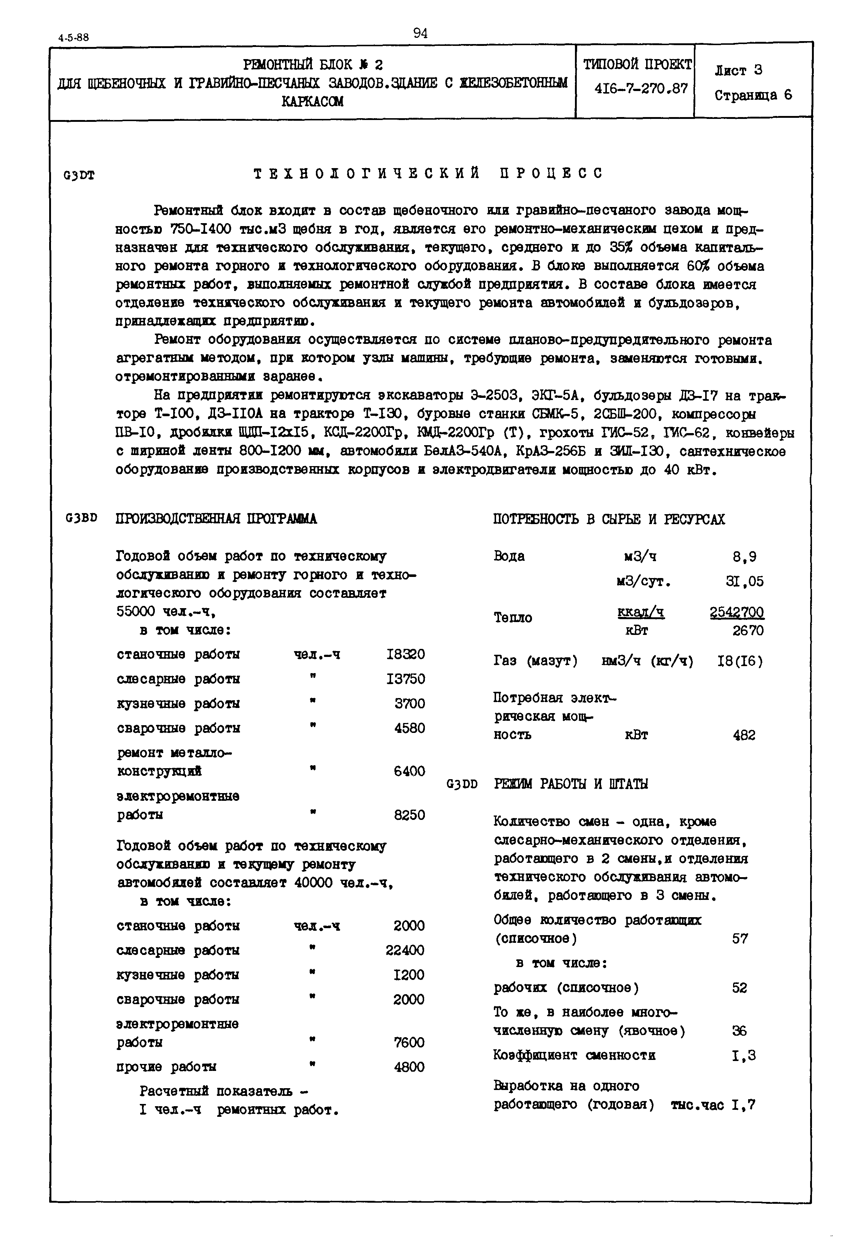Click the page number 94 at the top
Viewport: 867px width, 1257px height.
[420, 34]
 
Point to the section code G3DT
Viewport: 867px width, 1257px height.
[79, 175]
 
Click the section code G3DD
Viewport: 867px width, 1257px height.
[462, 784]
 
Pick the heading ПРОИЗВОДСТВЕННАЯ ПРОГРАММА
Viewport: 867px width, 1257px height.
[216, 519]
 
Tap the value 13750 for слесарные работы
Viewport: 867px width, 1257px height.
[405, 679]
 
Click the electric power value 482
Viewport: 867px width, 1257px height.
[744, 735]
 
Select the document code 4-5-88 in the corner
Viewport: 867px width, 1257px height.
[74, 37]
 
